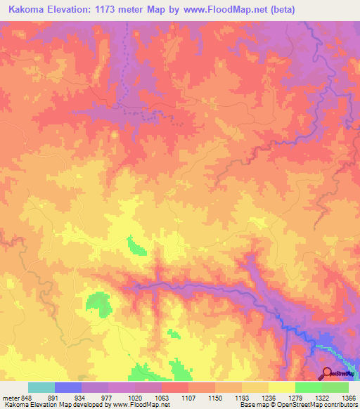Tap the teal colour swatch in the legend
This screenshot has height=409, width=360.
(x=41, y=387)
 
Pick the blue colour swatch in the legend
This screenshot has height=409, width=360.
(x=68, y=387)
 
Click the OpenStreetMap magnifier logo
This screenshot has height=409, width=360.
(x=328, y=372)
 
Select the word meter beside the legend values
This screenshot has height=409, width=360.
(x=11, y=398)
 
